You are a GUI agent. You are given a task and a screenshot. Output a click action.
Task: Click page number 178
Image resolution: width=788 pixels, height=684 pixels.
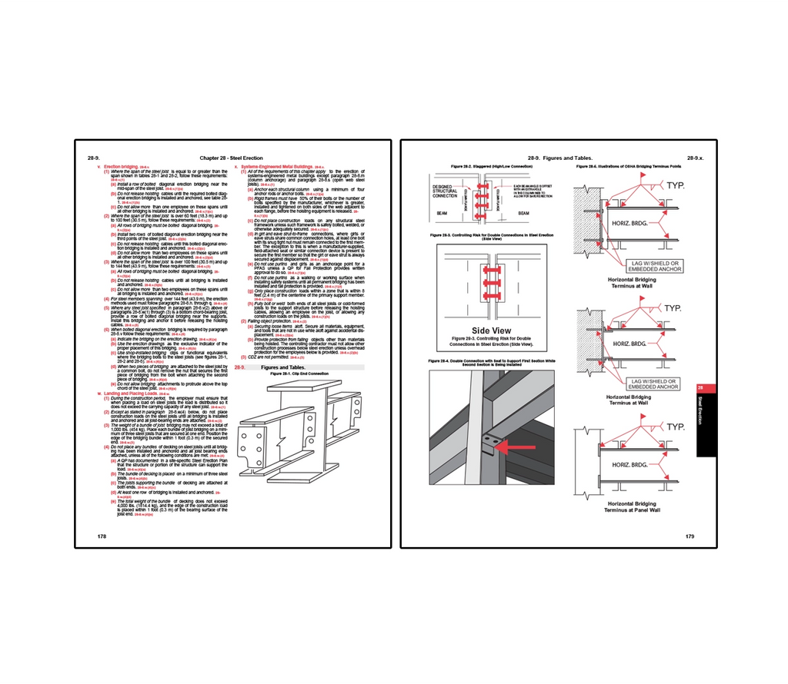coord(102,536)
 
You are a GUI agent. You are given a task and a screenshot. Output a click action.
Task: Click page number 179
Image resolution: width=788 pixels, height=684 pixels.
coord(690,536)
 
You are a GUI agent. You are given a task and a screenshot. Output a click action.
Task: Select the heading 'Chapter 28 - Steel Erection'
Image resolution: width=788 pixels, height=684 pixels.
coord(220,157)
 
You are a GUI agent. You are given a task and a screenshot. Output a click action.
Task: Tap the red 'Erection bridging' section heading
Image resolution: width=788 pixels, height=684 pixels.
coord(121,166)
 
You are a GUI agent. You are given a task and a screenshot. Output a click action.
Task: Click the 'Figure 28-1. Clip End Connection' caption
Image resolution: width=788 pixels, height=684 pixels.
coord(299,374)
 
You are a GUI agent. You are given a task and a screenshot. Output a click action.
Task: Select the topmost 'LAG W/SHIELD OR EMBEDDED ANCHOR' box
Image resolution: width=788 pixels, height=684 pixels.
coord(656,266)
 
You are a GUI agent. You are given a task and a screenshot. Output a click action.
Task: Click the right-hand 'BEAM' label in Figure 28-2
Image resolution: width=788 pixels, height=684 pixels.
coord(523,213)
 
